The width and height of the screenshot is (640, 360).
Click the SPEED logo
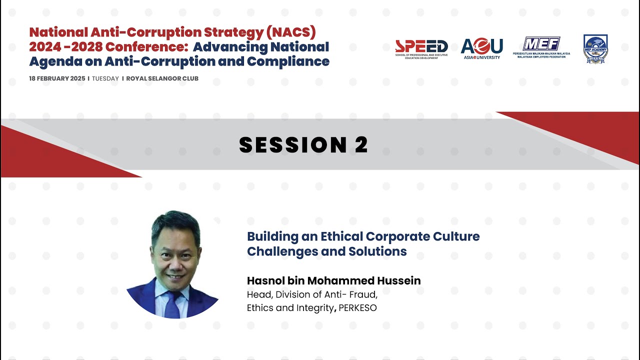click(x=421, y=48)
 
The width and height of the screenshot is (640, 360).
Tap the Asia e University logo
click(x=481, y=48)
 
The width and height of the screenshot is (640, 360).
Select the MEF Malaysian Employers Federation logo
click(x=542, y=47)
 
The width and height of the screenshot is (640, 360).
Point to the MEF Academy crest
click(x=595, y=48)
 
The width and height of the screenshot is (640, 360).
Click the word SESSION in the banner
click(x=289, y=145)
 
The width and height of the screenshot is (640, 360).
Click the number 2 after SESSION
click(x=361, y=145)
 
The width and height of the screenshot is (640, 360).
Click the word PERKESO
click(x=357, y=308)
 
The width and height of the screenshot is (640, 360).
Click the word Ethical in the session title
click(x=341, y=236)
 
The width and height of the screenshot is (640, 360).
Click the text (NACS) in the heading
click(x=291, y=32)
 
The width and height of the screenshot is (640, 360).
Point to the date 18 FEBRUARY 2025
click(x=57, y=78)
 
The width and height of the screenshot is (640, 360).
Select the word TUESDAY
click(x=105, y=78)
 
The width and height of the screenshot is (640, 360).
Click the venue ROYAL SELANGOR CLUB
click(x=162, y=78)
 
